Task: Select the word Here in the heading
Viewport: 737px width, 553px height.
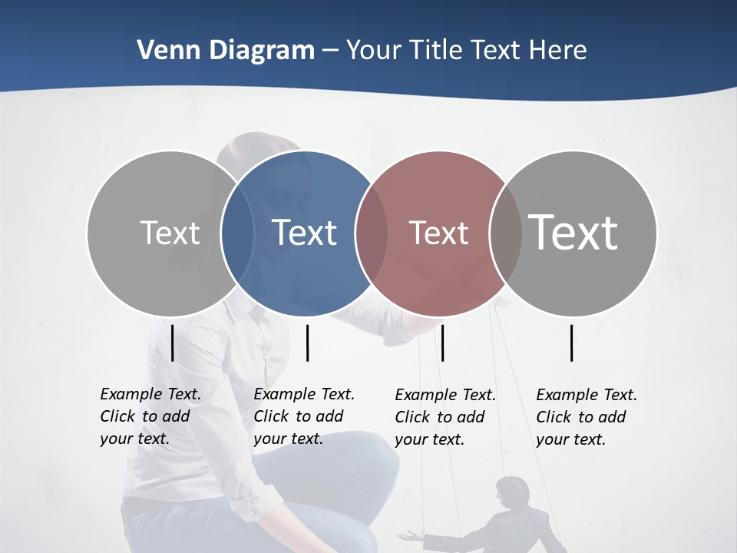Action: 558,51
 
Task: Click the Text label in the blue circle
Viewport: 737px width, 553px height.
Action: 305,233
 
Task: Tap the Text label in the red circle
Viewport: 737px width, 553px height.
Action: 438,233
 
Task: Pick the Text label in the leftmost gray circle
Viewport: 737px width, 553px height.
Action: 170,233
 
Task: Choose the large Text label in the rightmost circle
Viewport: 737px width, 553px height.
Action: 573,232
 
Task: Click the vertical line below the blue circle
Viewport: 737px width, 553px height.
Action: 307,343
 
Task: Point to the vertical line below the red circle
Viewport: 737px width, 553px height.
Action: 443,343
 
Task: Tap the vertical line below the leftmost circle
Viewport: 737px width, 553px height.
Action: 172,343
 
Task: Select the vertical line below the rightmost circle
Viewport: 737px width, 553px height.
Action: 572,343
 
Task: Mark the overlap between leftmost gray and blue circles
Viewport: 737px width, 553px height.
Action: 238,233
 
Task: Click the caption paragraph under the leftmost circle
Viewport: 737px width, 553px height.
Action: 150,416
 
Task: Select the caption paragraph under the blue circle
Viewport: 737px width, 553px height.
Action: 303,416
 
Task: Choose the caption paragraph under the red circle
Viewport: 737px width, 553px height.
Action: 445,417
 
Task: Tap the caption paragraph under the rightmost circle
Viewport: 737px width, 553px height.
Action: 586,417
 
